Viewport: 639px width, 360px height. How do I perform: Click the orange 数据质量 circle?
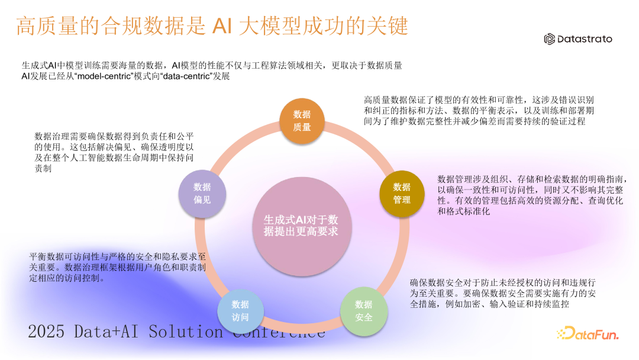(302, 121)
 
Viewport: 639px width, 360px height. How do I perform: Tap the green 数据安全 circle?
(364, 311)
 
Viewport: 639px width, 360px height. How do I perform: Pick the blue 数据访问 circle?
(240, 311)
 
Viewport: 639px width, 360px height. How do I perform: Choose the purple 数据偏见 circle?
(202, 194)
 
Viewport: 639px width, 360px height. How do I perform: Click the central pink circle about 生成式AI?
(302, 226)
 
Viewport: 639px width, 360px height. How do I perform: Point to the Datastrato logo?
(578, 39)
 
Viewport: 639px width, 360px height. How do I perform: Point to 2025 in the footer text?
(48, 332)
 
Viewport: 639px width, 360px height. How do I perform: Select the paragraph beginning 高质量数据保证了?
(479, 110)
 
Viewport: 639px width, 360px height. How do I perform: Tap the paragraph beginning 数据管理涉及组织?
(530, 195)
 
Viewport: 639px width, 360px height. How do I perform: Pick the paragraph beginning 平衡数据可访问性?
(118, 267)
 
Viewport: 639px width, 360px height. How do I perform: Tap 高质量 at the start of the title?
(40, 27)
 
